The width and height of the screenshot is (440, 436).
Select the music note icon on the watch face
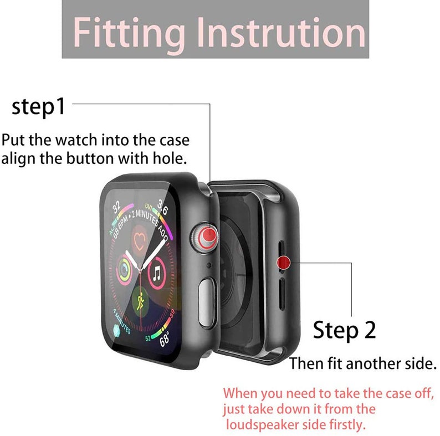(158, 273)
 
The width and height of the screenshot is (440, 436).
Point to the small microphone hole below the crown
(209, 266)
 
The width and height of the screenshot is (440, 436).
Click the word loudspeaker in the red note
(265, 425)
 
